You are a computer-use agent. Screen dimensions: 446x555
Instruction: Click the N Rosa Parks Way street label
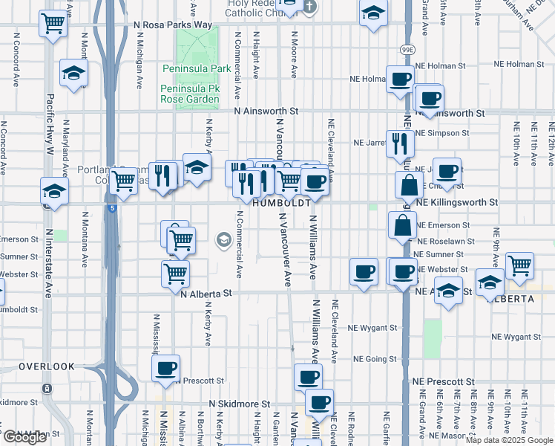pyautogui.click(x=173, y=25)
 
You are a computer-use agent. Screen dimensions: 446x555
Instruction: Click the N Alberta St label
pyautogui.click(x=207, y=294)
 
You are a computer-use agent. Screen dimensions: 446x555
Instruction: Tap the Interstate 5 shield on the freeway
pyautogui.click(x=111, y=210)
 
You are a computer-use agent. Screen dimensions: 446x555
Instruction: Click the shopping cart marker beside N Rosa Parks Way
pyautogui.click(x=53, y=24)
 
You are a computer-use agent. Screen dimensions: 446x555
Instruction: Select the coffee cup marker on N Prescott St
pyautogui.click(x=165, y=367)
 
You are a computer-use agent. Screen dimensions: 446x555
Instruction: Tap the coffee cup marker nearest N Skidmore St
pyautogui.click(x=320, y=403)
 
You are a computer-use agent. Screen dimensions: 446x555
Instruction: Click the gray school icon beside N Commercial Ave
pyautogui.click(x=223, y=239)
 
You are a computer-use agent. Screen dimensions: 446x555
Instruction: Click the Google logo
pyautogui.click(x=25, y=437)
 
